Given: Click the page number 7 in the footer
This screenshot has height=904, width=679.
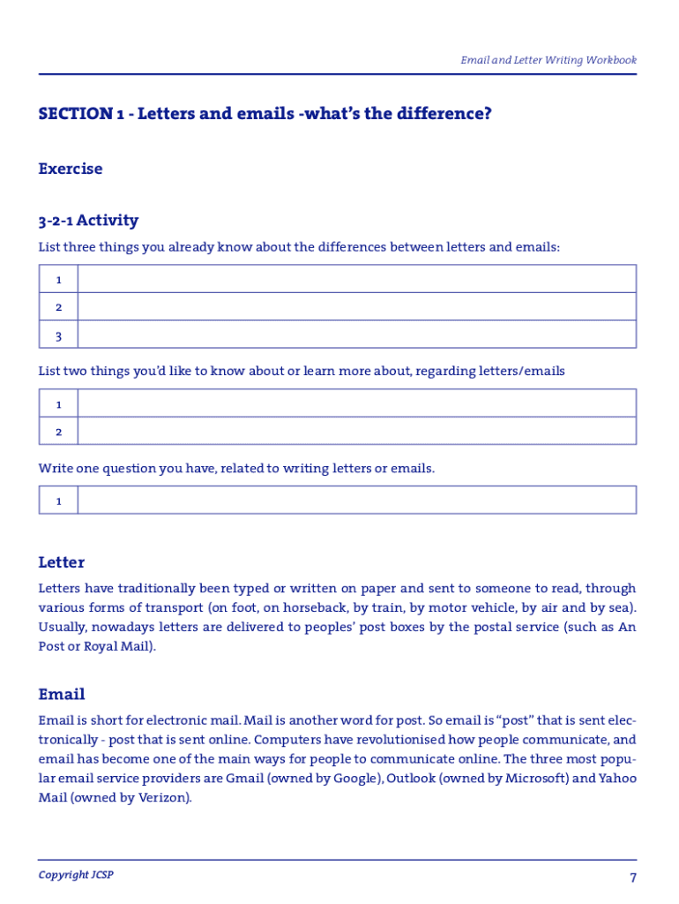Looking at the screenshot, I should point(632,878).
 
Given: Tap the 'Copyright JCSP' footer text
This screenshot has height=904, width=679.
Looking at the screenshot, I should point(76,875).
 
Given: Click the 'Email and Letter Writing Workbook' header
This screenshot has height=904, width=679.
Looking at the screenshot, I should point(548,60).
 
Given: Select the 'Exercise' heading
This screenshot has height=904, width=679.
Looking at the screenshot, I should point(71,169).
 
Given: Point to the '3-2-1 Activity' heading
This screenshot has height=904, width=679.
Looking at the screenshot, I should point(88,220).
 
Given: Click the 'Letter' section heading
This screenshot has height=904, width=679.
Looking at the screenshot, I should point(62,562).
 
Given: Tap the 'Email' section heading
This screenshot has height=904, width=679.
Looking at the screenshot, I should point(62,695).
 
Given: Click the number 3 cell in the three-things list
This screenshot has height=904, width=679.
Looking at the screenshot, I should point(58,335).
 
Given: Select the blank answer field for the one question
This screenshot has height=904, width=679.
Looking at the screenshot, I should point(356,501).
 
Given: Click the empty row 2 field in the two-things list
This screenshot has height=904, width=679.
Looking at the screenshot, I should point(356,431).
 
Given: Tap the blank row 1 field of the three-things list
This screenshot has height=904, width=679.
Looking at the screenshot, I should point(356,279).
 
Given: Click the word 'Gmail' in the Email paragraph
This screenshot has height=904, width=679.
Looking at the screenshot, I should point(244,779).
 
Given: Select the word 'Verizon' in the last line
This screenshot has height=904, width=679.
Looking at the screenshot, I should point(163,798).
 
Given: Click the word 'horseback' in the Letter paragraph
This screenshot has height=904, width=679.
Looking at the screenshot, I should point(320,607).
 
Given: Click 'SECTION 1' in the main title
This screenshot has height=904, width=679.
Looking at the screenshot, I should point(76,114).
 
